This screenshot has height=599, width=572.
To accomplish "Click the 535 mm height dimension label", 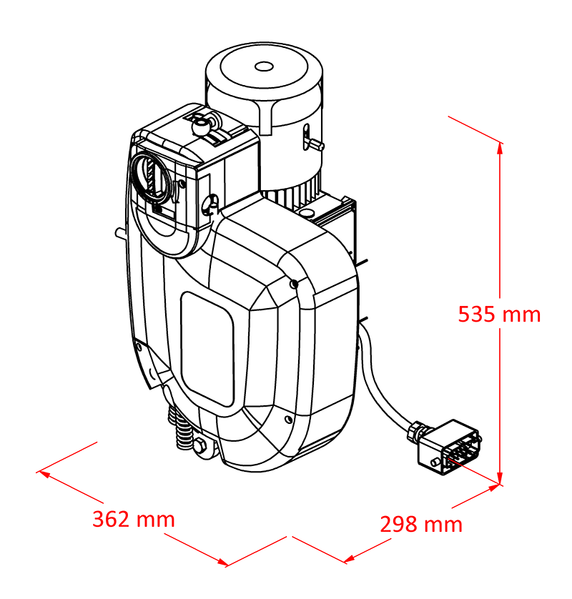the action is pos(499,314).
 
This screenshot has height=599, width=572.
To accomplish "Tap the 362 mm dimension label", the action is pos(134,519).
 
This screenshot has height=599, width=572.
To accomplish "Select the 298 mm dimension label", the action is pos(421,524).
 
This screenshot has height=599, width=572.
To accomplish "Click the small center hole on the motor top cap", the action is pos(264,67).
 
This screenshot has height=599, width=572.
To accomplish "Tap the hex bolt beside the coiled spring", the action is pos(199,446).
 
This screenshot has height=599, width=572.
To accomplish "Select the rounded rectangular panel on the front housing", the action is pos(207,349).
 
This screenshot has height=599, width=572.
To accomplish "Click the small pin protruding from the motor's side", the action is pos(317,144).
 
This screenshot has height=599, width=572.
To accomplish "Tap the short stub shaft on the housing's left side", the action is pos(121,232).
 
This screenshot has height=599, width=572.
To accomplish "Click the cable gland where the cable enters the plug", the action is pos(416,430).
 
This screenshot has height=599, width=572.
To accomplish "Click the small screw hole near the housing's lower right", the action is pos(289,420).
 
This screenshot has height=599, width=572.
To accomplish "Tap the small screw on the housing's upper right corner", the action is pos(294,284).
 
